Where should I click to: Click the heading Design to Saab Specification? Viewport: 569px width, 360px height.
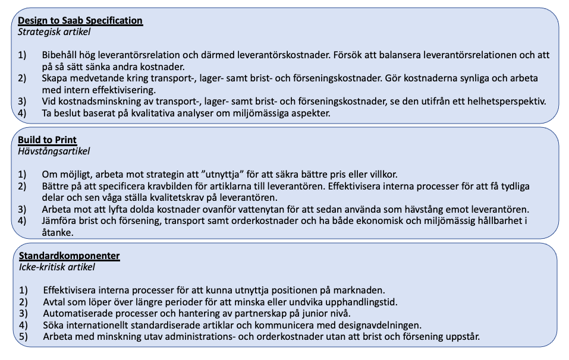[80, 21]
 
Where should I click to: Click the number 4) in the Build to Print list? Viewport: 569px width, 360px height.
[23, 221]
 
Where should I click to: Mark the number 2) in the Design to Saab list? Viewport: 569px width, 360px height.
[23, 78]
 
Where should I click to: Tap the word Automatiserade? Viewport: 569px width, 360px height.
[74, 313]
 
